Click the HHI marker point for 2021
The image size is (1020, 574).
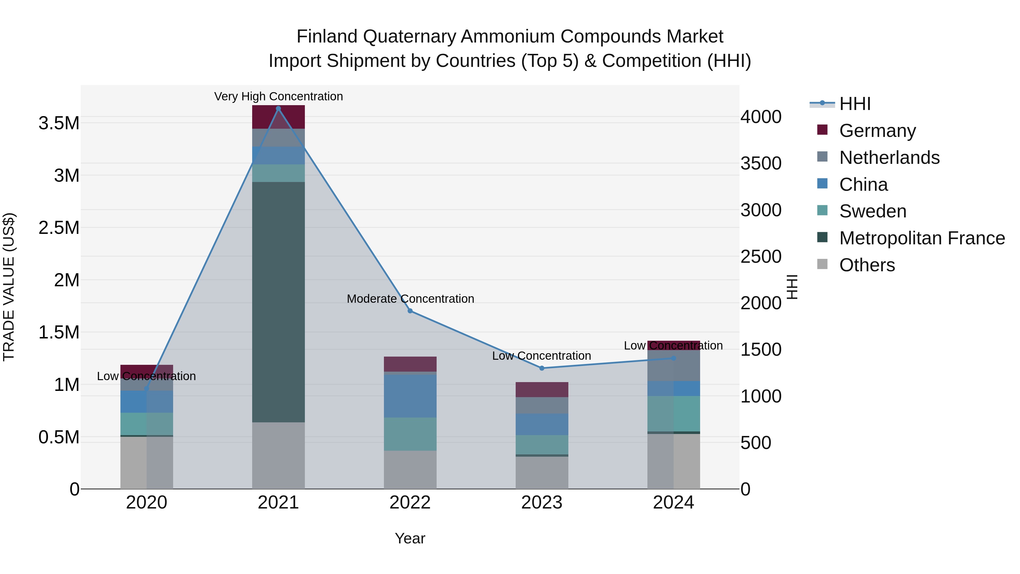tap(278, 109)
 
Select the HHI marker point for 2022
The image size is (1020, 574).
tap(410, 311)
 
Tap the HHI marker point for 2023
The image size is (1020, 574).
tap(542, 368)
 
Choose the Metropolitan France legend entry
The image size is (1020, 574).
tap(921, 238)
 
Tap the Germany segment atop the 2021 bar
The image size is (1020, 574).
tap(278, 117)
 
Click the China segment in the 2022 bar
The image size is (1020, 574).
tap(410, 395)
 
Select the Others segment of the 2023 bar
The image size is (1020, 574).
tap(542, 472)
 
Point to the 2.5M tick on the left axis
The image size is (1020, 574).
tap(59, 228)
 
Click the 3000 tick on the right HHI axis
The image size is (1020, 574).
tap(761, 210)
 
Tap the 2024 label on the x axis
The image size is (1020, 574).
tap(673, 503)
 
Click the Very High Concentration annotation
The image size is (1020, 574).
tap(278, 96)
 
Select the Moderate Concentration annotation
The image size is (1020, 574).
tap(410, 299)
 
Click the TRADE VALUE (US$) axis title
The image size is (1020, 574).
tap(9, 287)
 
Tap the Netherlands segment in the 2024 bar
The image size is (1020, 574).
tap(673, 365)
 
